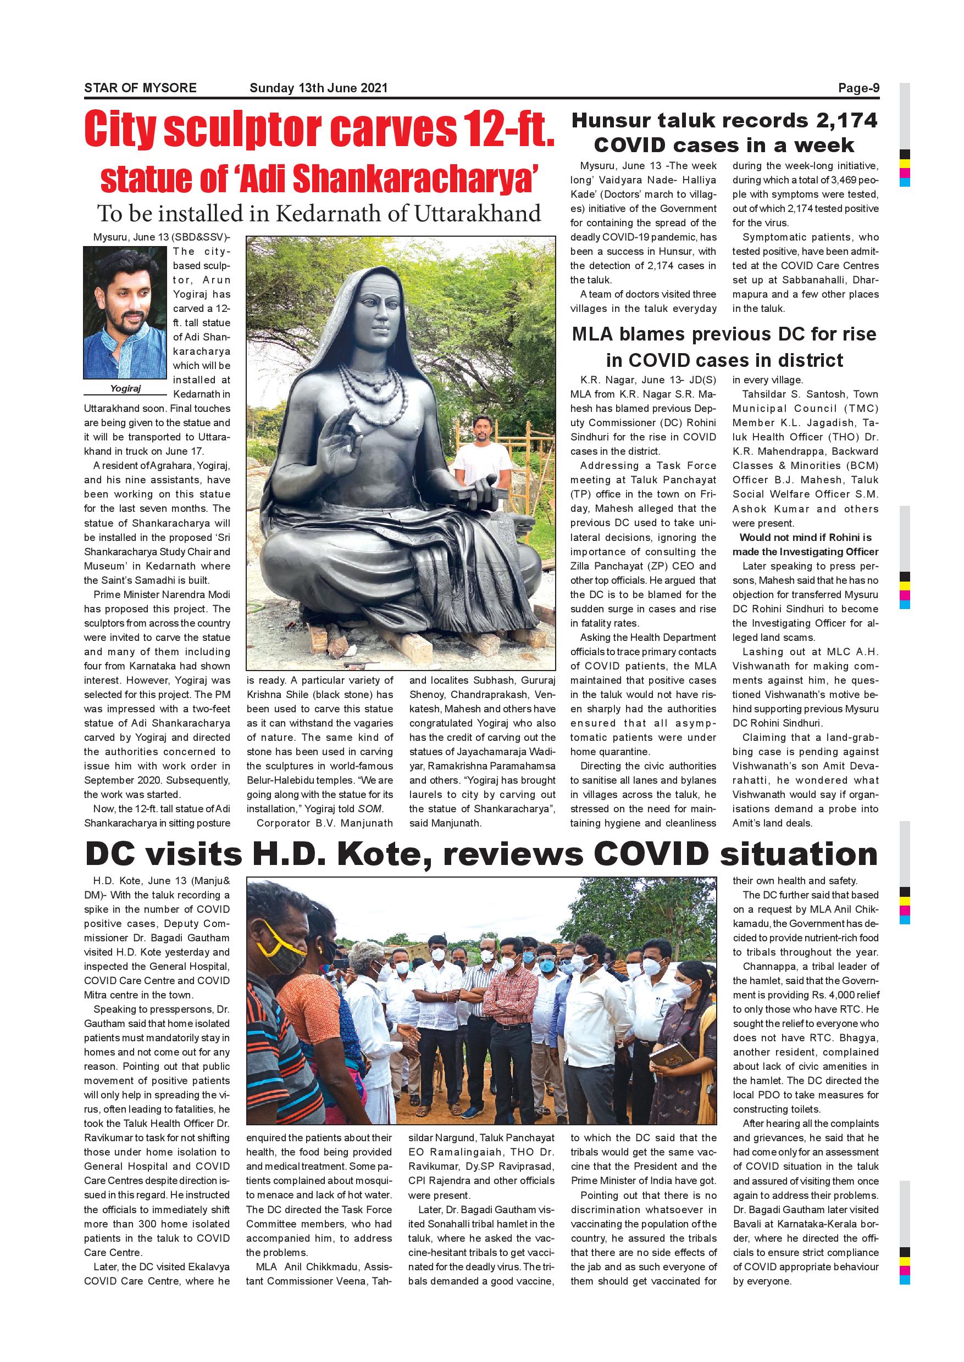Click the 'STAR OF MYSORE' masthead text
tap(140, 88)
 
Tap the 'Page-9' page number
tap(858, 88)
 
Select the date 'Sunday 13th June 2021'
tap(318, 88)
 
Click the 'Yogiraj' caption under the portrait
tap(125, 388)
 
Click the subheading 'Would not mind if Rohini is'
tap(805, 538)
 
